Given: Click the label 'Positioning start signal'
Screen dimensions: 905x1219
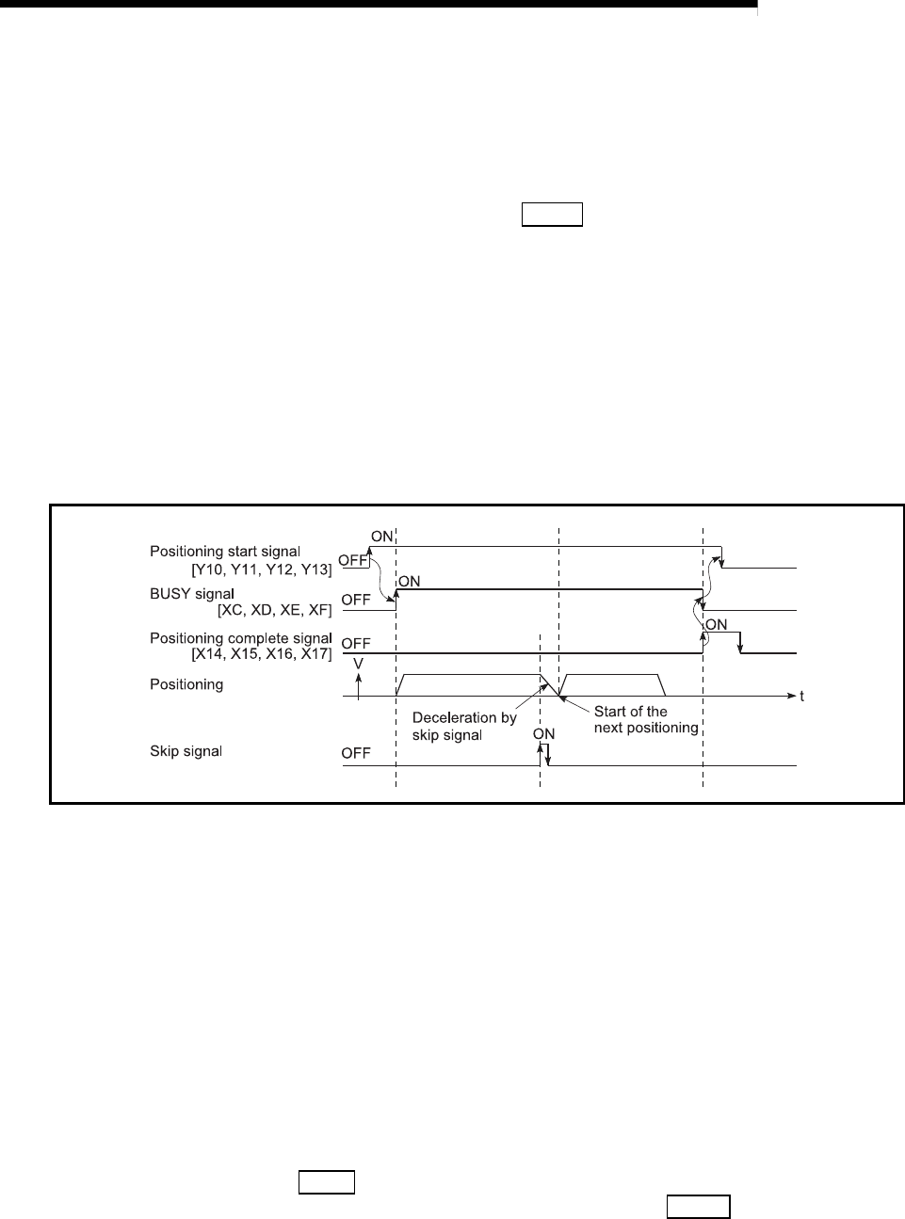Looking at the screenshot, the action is tap(225, 551).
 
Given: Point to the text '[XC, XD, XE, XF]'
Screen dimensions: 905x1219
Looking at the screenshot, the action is tap(274, 610).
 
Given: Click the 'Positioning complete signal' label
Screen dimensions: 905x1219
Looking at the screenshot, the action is tap(241, 638).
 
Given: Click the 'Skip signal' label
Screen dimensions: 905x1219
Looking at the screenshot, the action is tap(186, 751).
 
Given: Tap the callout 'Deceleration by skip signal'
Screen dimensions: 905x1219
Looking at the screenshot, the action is tap(464, 726).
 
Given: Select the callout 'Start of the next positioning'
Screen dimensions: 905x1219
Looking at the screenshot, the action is tap(645, 719).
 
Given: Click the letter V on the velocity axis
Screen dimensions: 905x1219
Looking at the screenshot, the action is tap(358, 665).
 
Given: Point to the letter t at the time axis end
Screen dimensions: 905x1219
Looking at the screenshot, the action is tap(802, 697).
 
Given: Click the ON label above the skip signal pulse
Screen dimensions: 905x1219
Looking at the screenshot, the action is tap(543, 733).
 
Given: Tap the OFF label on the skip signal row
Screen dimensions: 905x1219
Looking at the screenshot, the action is tap(356, 752).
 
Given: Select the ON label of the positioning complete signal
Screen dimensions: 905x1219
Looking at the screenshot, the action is tap(717, 624).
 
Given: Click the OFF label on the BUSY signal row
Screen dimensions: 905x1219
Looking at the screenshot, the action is tap(356, 599).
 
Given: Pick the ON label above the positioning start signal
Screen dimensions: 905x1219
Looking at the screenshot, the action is tap(381, 536).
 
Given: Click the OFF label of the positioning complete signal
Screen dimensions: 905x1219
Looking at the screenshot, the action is tap(356, 643).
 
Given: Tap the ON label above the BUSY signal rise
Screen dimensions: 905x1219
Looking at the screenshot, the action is tap(409, 581).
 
